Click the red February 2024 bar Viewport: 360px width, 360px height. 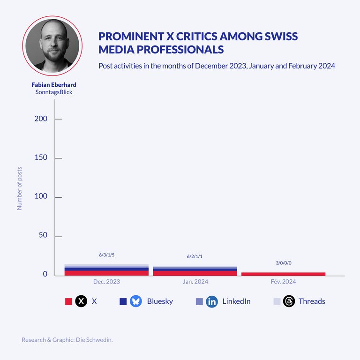(283, 274)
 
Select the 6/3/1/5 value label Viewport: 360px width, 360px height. (106, 255)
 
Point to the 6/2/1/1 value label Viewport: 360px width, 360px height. (195, 256)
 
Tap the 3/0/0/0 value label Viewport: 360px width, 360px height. (283, 263)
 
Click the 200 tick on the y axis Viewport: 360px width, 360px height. (41, 119)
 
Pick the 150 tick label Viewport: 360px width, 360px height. (41, 157)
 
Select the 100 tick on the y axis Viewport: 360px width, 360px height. (41, 196)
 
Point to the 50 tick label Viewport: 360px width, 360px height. (43, 235)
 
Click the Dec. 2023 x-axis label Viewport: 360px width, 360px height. (106, 282)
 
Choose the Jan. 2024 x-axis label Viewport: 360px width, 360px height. (195, 282)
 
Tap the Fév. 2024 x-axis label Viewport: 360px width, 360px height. (283, 282)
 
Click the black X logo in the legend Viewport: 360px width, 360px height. (82, 301)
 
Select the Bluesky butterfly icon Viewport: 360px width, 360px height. (136, 301)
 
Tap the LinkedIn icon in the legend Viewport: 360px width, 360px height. (212, 301)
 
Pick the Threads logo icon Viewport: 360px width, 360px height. (289, 301)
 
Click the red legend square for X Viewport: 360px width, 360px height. (68, 301)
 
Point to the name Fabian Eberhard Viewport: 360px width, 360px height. (53, 85)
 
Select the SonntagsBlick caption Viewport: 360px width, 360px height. (53, 92)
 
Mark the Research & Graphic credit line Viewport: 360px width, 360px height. (67, 340)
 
